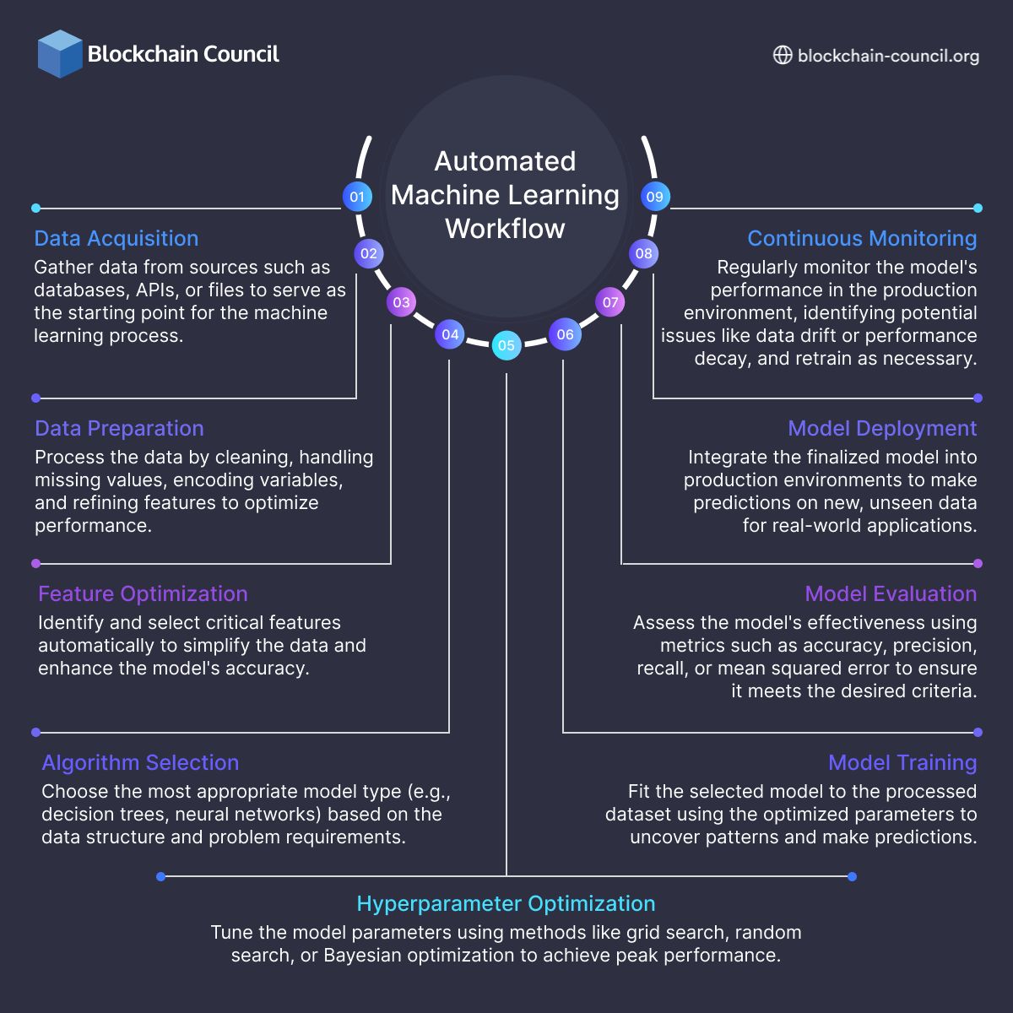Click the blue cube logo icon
point(60,54)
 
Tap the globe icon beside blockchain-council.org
point(783,55)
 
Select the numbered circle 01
point(357,197)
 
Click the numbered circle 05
point(506,344)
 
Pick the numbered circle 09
point(654,197)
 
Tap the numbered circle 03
point(401,302)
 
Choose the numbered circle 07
point(610,302)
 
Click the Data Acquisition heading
point(116,239)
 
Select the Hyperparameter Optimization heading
point(506,904)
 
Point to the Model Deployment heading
point(882,429)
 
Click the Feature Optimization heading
point(143,594)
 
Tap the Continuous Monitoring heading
point(862,239)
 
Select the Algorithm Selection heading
point(140,763)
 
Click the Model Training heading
point(902,763)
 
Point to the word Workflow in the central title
point(505,229)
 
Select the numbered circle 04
point(450,334)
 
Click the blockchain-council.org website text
point(888,56)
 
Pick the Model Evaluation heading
point(891,594)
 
